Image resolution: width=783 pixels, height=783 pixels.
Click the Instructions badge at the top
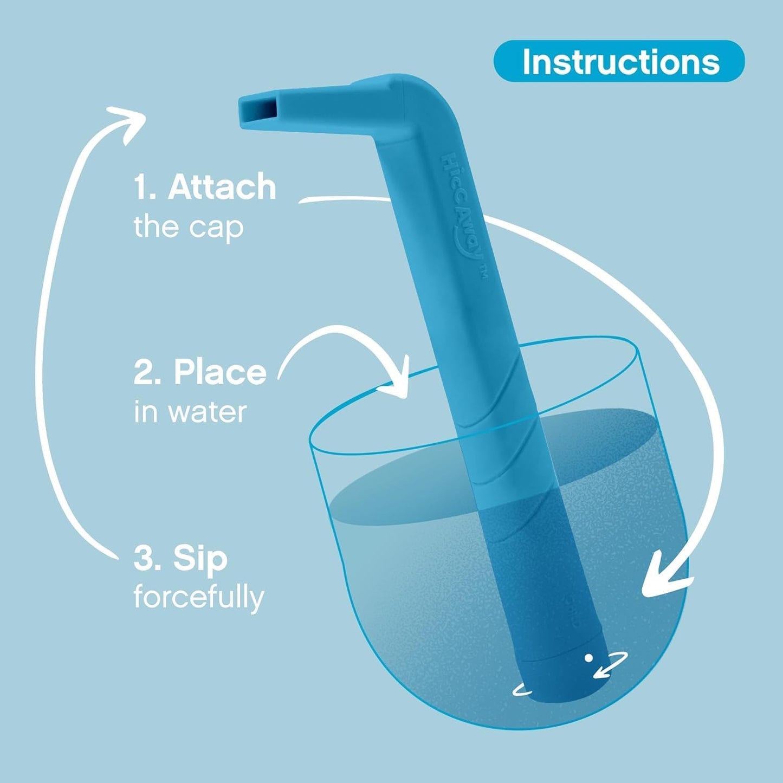click(619, 61)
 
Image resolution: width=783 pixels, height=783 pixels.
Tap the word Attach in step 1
click(222, 187)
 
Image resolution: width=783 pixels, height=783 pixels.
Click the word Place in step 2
click(220, 373)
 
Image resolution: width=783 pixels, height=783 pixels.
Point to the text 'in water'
click(190, 412)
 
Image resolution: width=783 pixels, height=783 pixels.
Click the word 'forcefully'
click(198, 597)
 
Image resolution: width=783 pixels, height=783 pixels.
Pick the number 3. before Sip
click(146, 559)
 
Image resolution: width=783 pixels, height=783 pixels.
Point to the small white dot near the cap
click(588, 658)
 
